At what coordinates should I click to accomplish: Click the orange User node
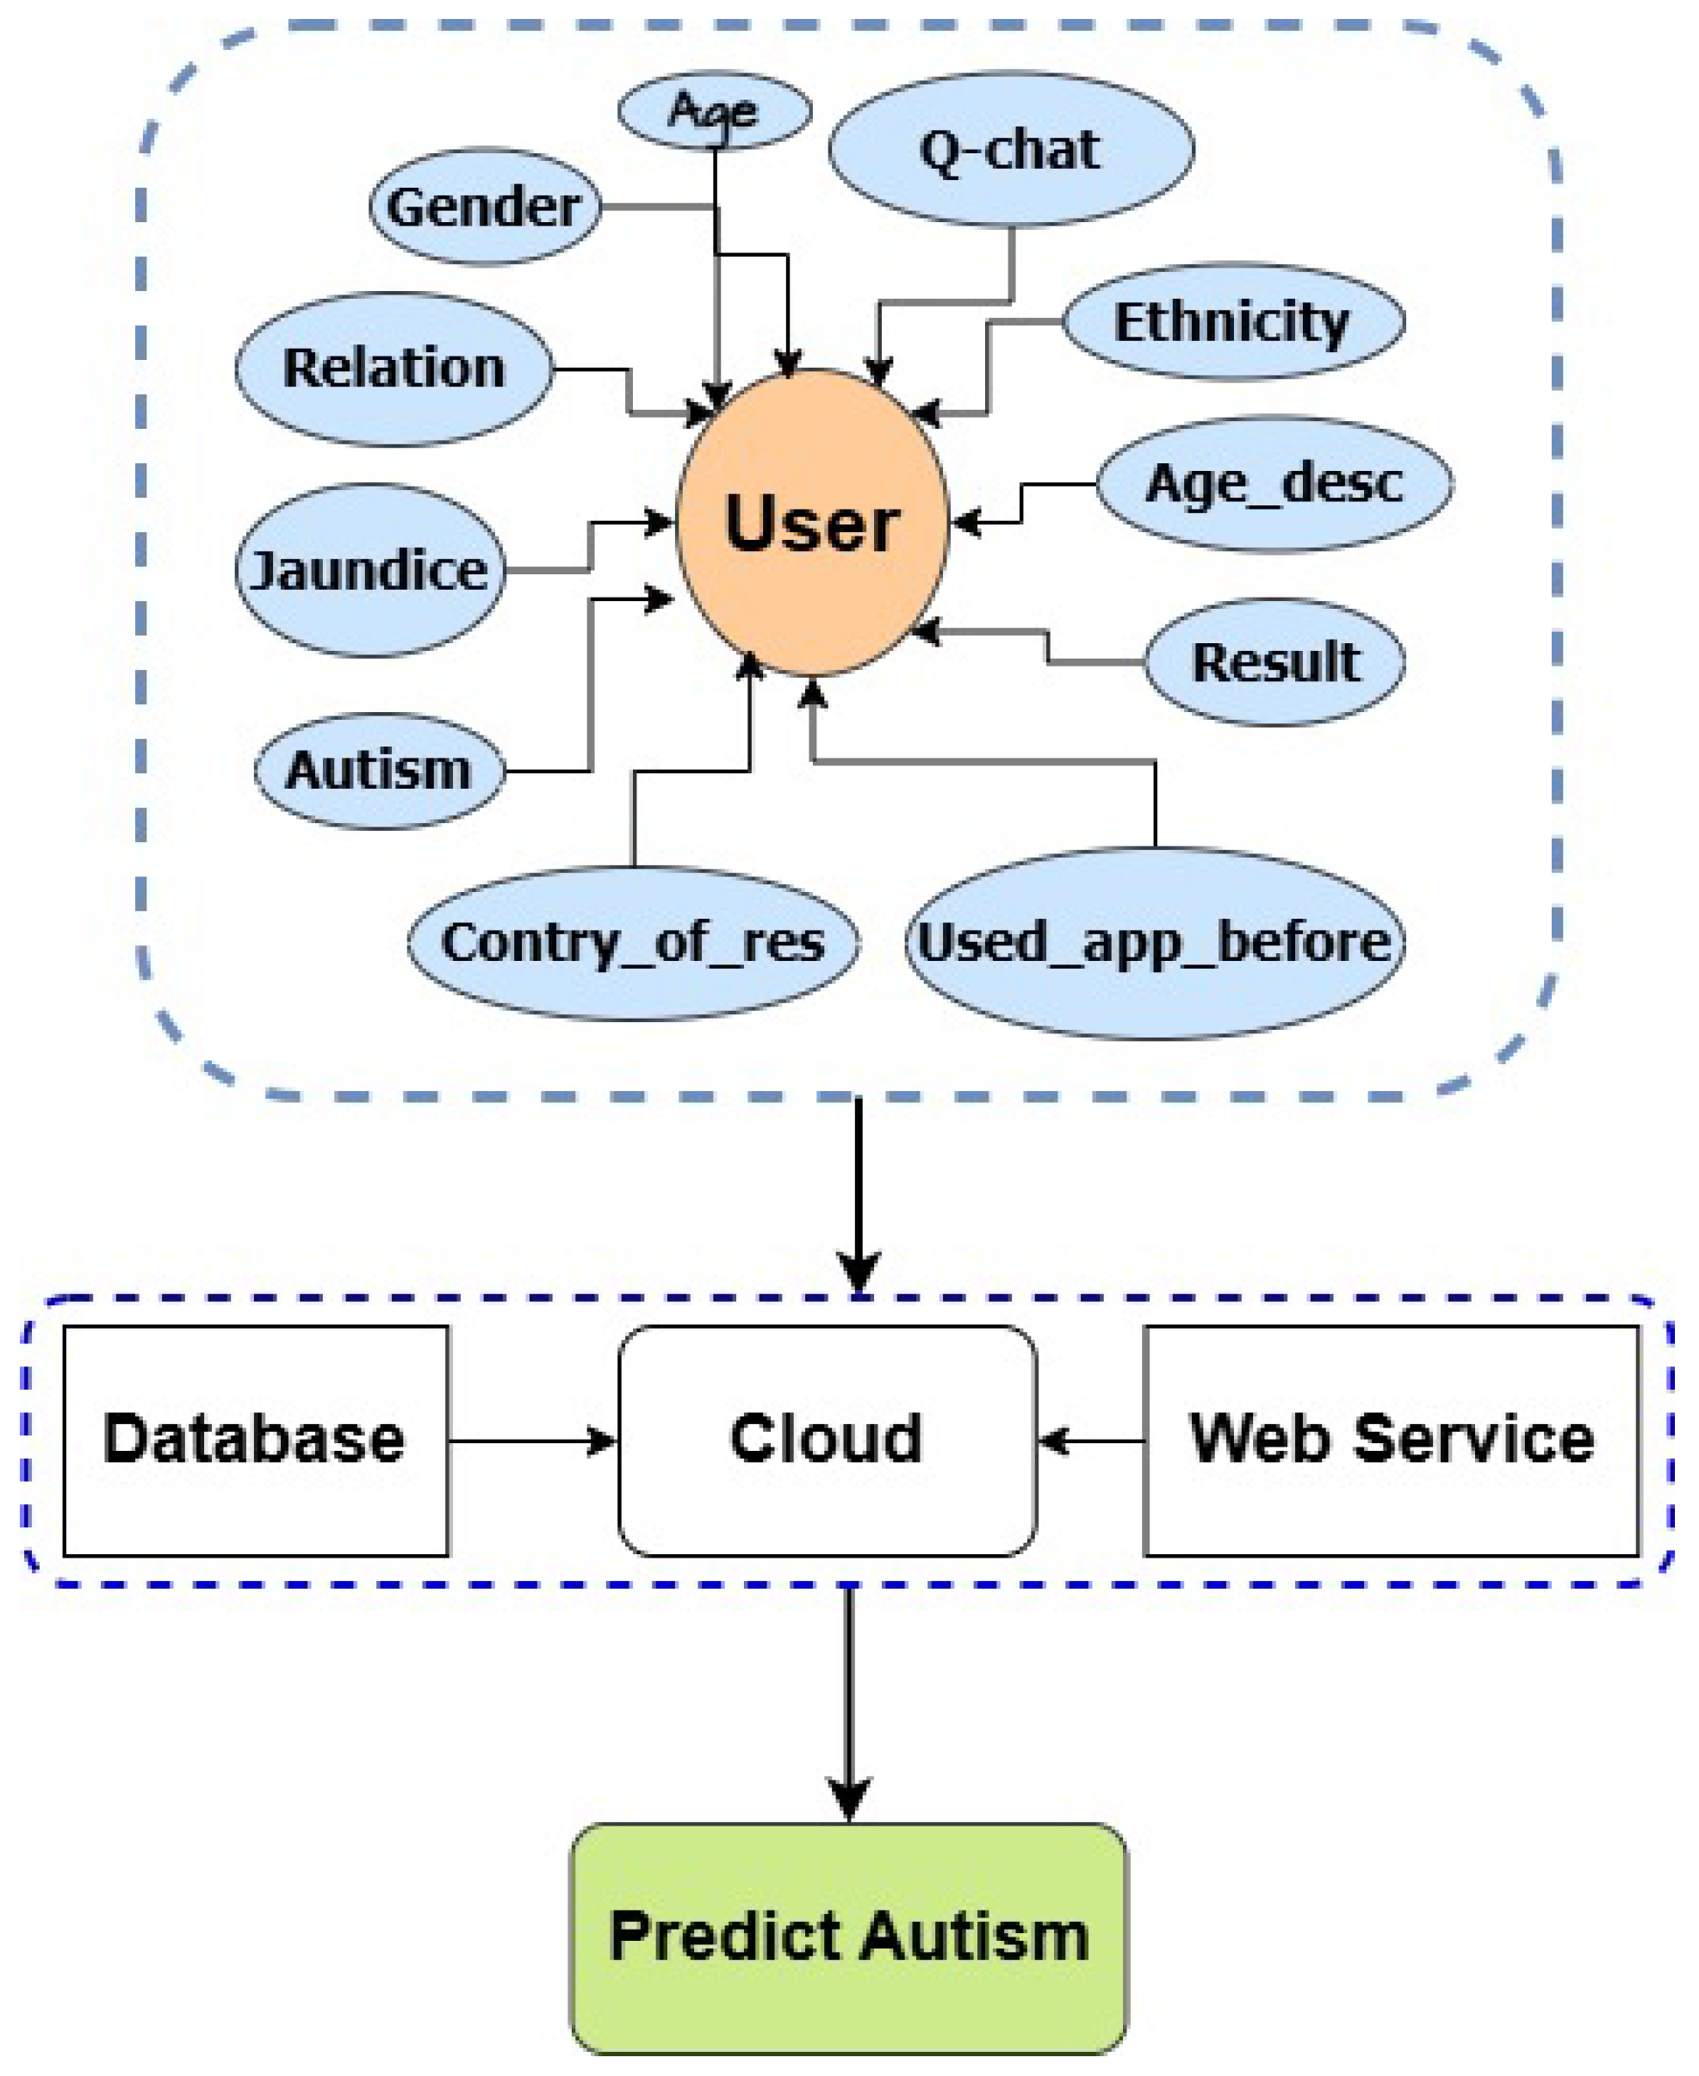(811, 523)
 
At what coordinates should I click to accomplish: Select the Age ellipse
(715, 110)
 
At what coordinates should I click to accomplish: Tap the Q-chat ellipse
(1011, 149)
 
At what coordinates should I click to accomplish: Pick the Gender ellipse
(485, 207)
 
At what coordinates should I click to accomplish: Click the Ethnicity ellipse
(1233, 321)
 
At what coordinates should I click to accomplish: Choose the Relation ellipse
(394, 368)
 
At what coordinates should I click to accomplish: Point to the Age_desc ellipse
(1274, 484)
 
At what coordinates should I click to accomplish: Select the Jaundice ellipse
(370, 570)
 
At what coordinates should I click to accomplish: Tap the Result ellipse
(1275, 661)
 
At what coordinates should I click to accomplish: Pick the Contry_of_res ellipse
(633, 943)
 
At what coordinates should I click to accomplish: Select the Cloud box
(827, 1440)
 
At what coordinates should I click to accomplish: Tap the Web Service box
(1391, 1440)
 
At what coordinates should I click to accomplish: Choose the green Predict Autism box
(848, 1937)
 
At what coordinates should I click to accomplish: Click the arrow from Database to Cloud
(533, 1441)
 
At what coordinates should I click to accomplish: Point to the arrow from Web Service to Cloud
(1090, 1441)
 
